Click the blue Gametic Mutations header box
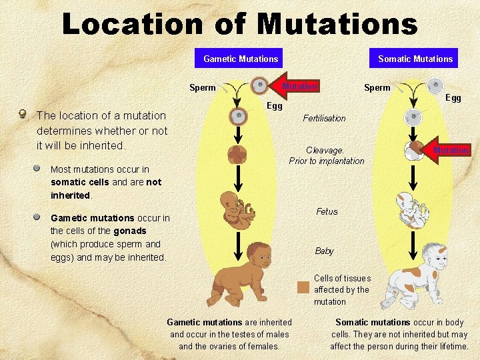coord(241,59)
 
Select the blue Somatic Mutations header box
coord(415,59)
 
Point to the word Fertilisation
coord(325,118)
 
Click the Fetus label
coord(327,211)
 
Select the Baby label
coord(324,251)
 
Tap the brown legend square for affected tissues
coord(303,287)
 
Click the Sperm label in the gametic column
coord(203,87)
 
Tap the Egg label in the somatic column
coord(453,98)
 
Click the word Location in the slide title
coord(133,24)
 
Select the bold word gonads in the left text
coord(130,231)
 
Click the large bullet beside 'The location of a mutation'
coord(23,115)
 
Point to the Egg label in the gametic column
coord(275,106)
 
